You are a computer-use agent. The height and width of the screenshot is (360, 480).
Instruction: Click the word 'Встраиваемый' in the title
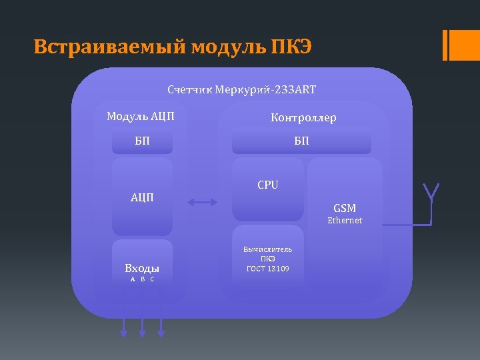tap(109, 47)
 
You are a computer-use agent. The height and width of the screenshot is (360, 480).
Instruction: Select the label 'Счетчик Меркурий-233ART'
tap(241, 89)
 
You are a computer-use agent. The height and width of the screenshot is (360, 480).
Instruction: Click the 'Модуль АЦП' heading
tap(141, 117)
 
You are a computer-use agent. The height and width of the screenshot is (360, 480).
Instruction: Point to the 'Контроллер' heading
tap(303, 118)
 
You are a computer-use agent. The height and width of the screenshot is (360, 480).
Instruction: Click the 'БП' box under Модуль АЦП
tap(142, 141)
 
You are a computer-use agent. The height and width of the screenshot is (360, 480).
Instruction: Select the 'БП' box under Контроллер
tap(301, 141)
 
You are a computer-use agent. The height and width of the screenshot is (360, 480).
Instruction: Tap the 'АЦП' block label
tap(142, 197)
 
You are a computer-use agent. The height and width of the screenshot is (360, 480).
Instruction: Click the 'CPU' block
tap(267, 185)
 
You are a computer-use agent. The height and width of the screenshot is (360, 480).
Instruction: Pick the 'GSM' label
tap(345, 209)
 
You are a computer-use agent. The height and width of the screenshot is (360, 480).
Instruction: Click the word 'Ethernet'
tap(345, 221)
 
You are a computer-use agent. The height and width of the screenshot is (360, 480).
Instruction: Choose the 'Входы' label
tap(142, 269)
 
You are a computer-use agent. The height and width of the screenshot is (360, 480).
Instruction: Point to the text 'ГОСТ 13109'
tap(267, 269)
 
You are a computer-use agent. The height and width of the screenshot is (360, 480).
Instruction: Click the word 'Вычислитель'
tap(267, 250)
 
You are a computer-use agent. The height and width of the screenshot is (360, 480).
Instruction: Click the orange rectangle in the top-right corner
tap(461, 45)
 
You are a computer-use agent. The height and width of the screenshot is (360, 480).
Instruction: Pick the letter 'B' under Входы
tap(142, 279)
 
